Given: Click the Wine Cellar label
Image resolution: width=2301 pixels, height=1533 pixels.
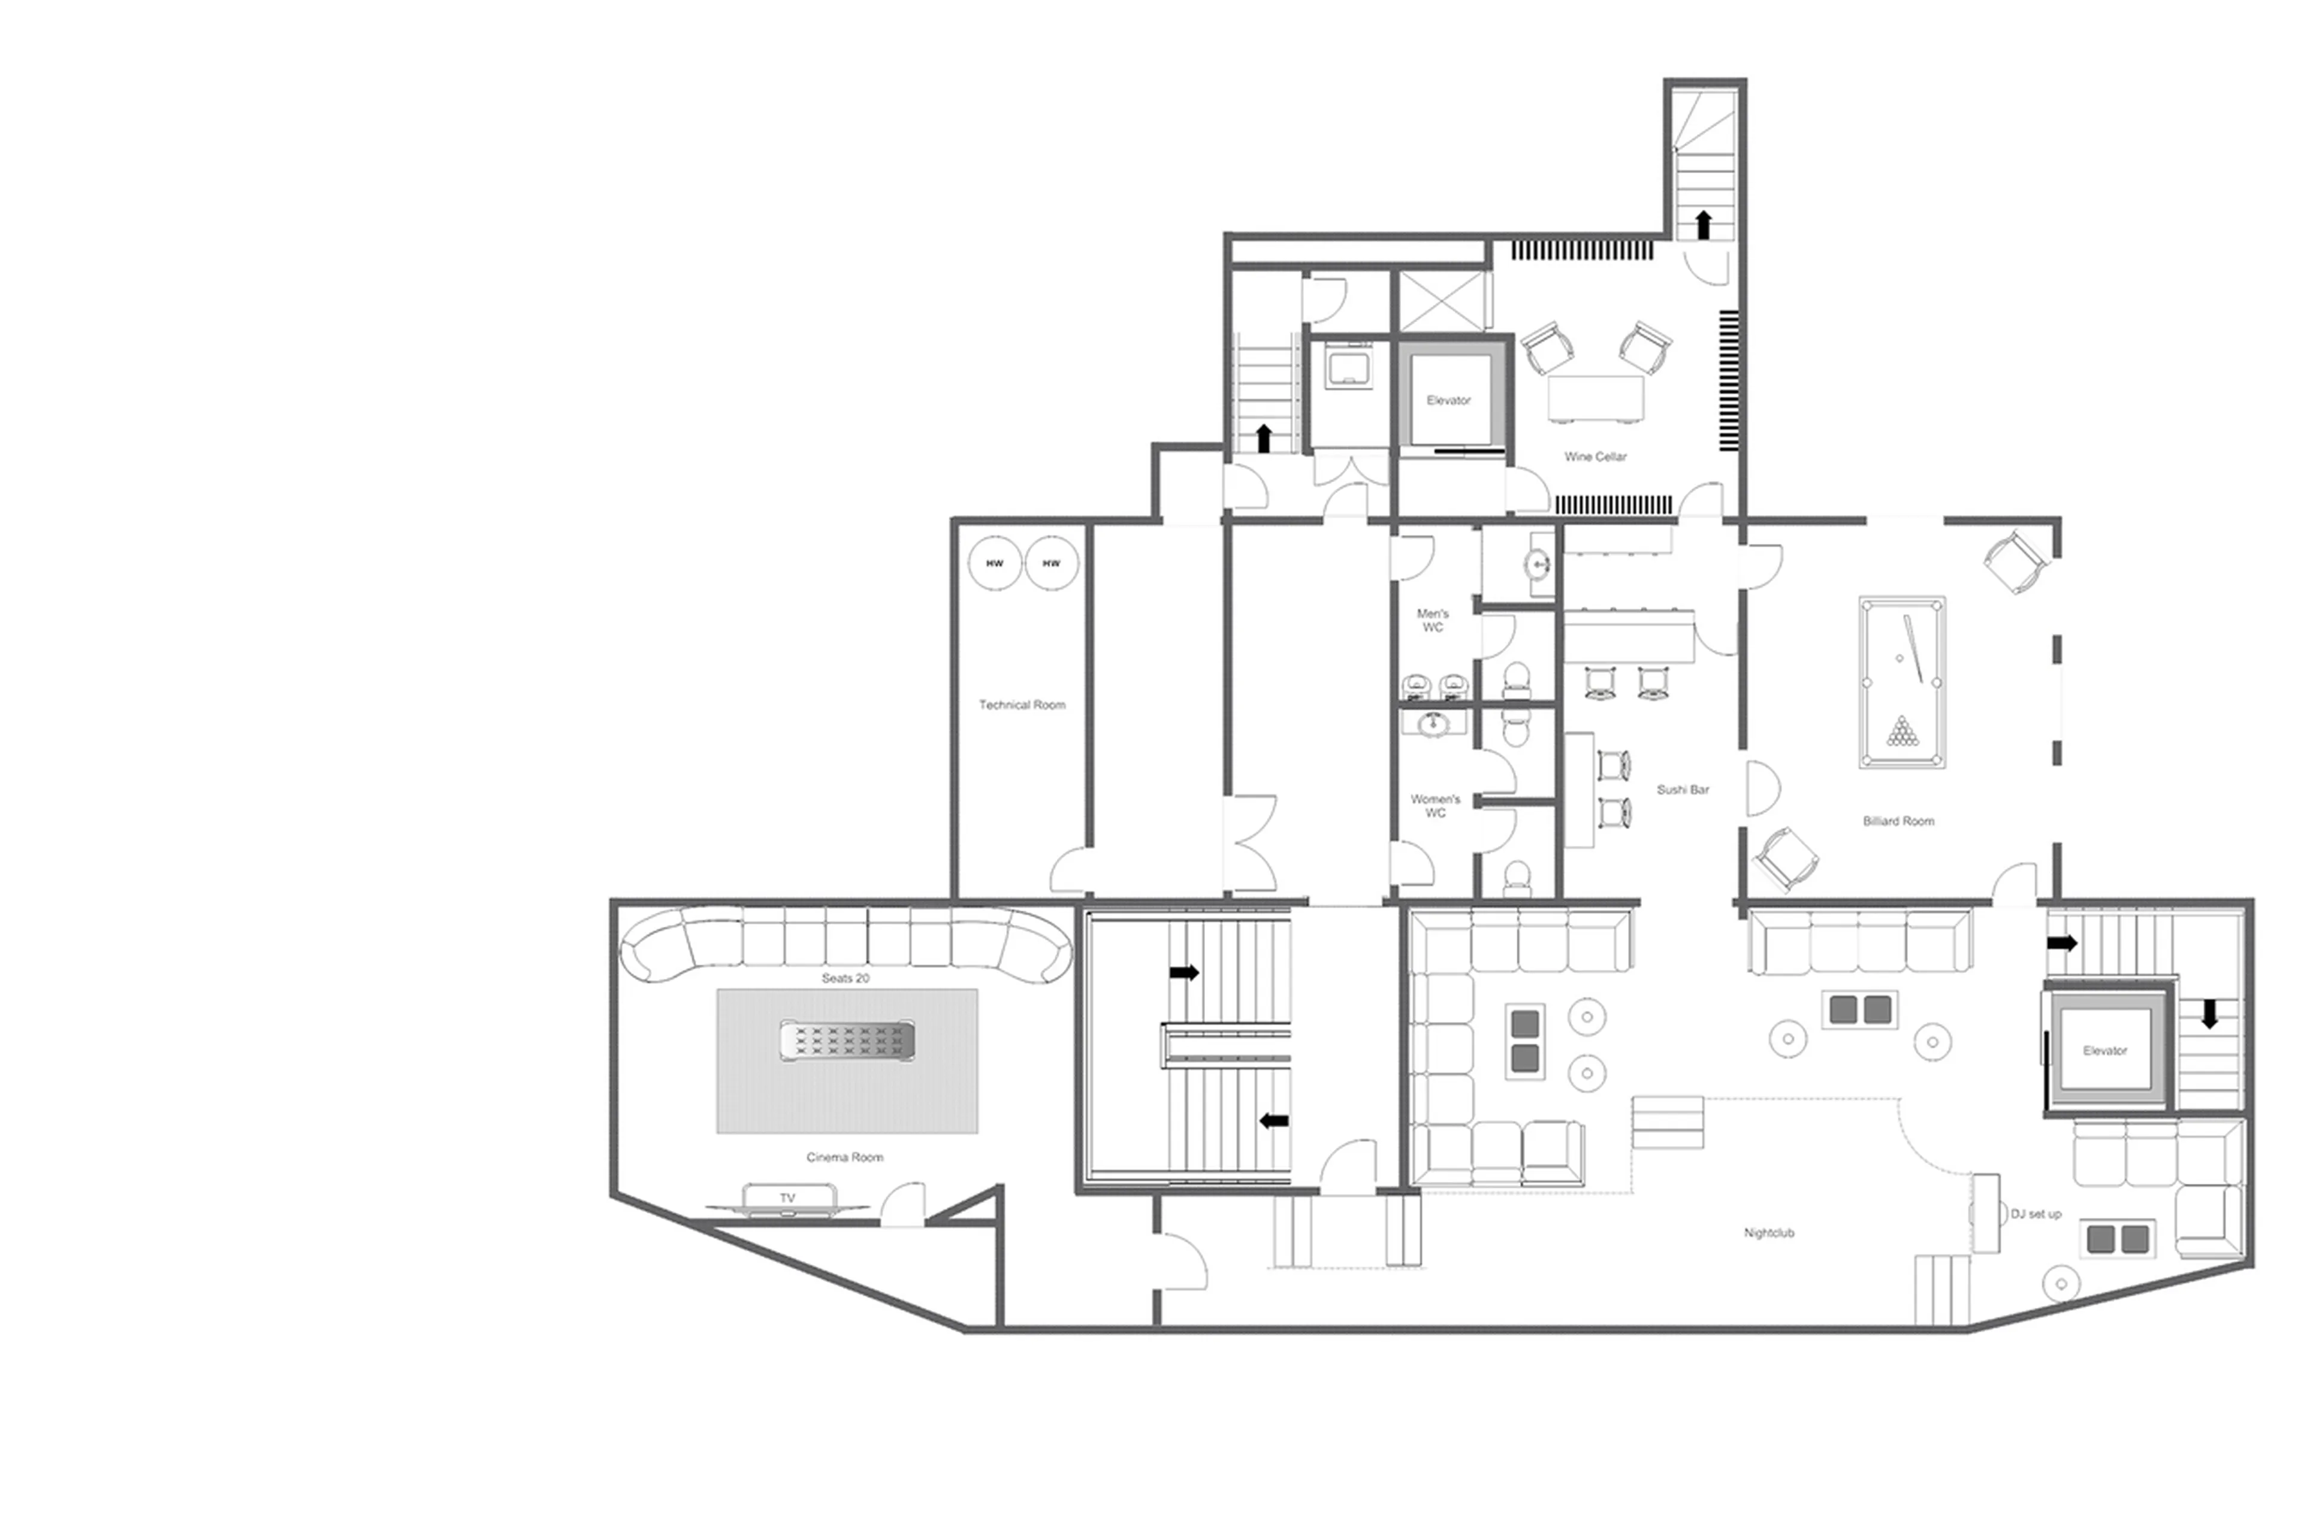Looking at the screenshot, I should tap(1595, 456).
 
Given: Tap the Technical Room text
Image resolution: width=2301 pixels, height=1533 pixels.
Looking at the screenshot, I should tap(1022, 705).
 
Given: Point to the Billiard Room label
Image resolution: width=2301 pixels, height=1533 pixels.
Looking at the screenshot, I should tap(1897, 821).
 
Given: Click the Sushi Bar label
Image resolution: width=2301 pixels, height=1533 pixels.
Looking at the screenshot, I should tap(1682, 790).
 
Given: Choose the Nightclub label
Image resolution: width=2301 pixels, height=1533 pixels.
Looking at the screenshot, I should tap(1768, 1234).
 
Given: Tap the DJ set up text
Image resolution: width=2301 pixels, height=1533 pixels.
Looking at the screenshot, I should tap(2035, 1214).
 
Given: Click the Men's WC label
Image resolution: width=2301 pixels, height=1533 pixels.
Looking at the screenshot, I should tap(1433, 621).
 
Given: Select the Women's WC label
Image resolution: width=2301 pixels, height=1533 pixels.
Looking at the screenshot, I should tap(1435, 806).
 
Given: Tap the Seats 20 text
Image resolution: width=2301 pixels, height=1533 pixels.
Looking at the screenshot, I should tap(845, 978).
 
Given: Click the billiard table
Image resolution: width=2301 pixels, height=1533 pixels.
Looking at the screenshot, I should tap(1901, 682).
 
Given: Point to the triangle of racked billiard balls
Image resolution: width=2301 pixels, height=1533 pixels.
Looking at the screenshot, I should tap(1901, 731).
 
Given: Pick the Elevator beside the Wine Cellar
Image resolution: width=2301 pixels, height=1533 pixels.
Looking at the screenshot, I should tap(1448, 400).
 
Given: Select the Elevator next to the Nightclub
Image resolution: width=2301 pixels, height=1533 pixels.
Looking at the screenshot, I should tap(2104, 1051).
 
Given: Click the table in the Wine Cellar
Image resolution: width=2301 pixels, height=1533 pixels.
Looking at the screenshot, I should tap(1596, 398).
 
